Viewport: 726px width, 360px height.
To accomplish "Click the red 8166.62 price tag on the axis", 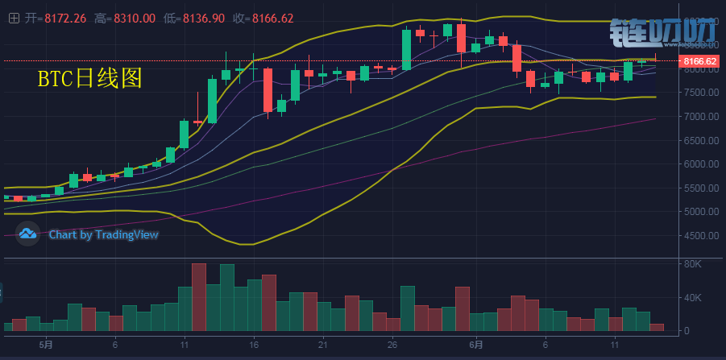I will click(x=699, y=61).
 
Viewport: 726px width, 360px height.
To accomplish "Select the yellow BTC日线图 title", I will click(x=90, y=78).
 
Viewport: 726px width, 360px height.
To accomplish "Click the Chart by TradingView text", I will click(x=103, y=234).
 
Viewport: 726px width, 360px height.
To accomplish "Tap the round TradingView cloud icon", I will click(x=28, y=234).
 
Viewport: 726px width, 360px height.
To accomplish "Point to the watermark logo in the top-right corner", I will click(x=663, y=33).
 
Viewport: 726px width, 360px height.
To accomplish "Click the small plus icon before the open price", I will click(x=13, y=18).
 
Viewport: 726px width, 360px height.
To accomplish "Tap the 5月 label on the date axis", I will click(x=47, y=345).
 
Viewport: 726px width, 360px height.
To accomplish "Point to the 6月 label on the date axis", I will click(x=477, y=345).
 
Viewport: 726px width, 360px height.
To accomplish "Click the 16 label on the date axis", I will click(x=255, y=345).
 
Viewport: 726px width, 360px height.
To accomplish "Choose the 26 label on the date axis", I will click(x=392, y=345).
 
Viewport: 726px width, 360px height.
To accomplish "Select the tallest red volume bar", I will click(x=198, y=296).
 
